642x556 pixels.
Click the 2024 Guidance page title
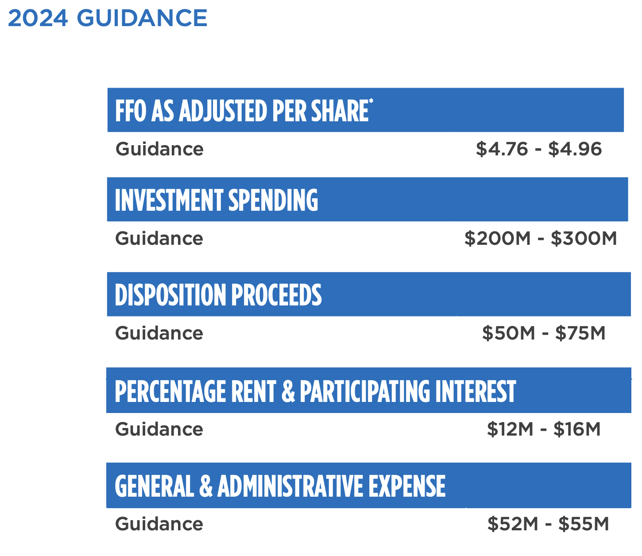pyautogui.click(x=108, y=18)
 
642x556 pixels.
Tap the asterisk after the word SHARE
pyautogui.click(x=371, y=102)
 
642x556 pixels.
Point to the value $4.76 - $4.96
pyautogui.click(x=539, y=149)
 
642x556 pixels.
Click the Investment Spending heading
pyautogui.click(x=217, y=200)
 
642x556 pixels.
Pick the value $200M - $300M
pyautogui.click(x=541, y=239)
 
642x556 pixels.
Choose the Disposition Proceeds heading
pyautogui.click(x=218, y=295)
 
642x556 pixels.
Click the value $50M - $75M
pyautogui.click(x=544, y=333)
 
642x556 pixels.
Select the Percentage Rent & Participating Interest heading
pyautogui.click(x=315, y=391)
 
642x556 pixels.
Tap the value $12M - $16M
pyautogui.click(x=544, y=429)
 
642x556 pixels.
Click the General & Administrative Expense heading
pyautogui.click(x=280, y=486)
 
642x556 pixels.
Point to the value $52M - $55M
pyautogui.click(x=548, y=524)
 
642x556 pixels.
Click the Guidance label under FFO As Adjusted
pyautogui.click(x=159, y=149)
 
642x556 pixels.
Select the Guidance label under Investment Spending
pyautogui.click(x=159, y=239)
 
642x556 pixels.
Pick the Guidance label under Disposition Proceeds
pyautogui.click(x=159, y=333)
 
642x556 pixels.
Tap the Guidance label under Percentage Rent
pyautogui.click(x=159, y=429)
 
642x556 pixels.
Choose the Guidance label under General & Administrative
pyautogui.click(x=159, y=524)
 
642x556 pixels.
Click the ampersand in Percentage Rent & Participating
pyautogui.click(x=288, y=391)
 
